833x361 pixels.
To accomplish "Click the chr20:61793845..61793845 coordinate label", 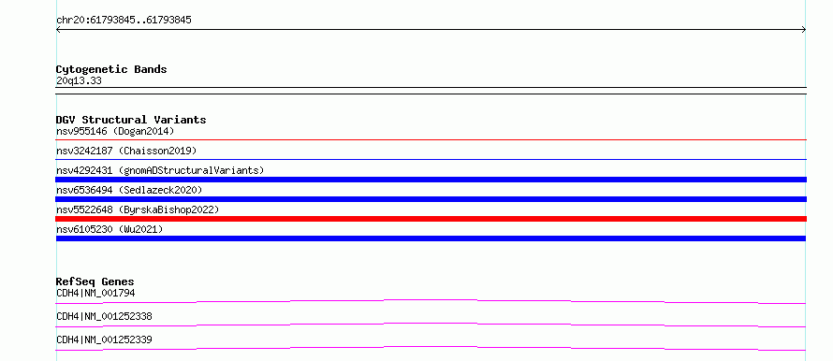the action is coord(124,21).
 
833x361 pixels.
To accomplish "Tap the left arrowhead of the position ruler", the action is coord(58,30).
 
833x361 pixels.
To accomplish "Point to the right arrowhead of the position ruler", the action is coord(804,30).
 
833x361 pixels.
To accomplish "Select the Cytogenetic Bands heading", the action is coord(111,69).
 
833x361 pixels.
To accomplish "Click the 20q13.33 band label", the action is coord(79,81).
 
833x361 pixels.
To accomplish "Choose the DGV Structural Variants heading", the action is coord(131,120).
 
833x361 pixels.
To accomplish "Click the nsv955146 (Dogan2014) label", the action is coord(115,131).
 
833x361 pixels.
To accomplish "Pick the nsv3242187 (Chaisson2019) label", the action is coord(126,151).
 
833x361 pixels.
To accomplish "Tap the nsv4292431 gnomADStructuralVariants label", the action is coord(160,170).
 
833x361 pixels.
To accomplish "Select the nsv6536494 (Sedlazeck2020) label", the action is coord(129,190).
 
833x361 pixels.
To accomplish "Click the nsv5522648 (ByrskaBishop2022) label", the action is coord(138,209).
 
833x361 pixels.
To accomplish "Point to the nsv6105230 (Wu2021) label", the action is coord(110,229).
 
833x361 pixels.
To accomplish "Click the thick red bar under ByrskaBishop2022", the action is coord(431,219).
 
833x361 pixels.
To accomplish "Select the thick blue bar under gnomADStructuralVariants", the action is coord(431,180).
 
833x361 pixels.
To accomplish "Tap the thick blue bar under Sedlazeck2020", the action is coord(431,199).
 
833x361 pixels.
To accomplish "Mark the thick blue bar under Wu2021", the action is coord(431,238).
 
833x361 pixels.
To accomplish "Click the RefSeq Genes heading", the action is coord(95,282).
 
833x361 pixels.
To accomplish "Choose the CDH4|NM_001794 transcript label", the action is coord(92,293).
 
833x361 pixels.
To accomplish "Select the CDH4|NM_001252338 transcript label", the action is coord(104,316).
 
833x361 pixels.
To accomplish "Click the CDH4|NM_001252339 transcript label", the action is coord(104,339).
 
